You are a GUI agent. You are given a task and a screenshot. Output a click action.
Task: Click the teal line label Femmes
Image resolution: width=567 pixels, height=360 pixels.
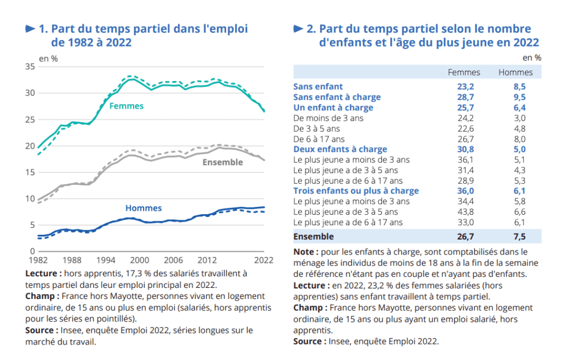(126, 106)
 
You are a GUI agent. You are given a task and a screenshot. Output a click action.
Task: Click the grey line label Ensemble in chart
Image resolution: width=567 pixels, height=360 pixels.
(222, 163)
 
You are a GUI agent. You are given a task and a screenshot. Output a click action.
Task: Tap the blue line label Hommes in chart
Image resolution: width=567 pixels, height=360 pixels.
(143, 208)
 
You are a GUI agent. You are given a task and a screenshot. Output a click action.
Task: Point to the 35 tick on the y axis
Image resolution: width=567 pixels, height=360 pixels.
(30, 67)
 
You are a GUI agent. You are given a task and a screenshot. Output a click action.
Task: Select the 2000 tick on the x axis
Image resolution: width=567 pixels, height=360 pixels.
(139, 260)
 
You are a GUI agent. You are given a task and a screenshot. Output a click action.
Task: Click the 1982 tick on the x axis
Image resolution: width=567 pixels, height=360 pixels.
(37, 260)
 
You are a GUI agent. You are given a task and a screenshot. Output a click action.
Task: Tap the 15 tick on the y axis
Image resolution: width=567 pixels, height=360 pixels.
(30, 173)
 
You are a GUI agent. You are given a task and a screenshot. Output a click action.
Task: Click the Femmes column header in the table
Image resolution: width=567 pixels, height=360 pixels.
(464, 72)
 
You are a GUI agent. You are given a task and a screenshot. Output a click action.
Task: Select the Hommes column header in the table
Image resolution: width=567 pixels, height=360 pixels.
(515, 72)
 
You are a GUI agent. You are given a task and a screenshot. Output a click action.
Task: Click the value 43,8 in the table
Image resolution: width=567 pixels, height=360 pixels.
(464, 212)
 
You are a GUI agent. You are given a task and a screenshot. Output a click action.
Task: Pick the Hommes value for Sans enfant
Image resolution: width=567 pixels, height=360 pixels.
(519, 87)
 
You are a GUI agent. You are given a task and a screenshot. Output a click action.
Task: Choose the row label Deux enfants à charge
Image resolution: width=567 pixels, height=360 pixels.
(340, 149)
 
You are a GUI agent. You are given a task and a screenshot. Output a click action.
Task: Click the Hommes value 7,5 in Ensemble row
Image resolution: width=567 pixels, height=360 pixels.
(519, 237)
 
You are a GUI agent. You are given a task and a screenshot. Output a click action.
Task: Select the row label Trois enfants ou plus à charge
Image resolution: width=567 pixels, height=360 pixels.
(356, 191)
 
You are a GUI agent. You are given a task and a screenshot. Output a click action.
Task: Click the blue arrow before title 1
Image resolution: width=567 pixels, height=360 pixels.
(31, 28)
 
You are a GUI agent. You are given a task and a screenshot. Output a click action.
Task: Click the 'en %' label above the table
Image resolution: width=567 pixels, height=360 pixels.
(532, 58)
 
